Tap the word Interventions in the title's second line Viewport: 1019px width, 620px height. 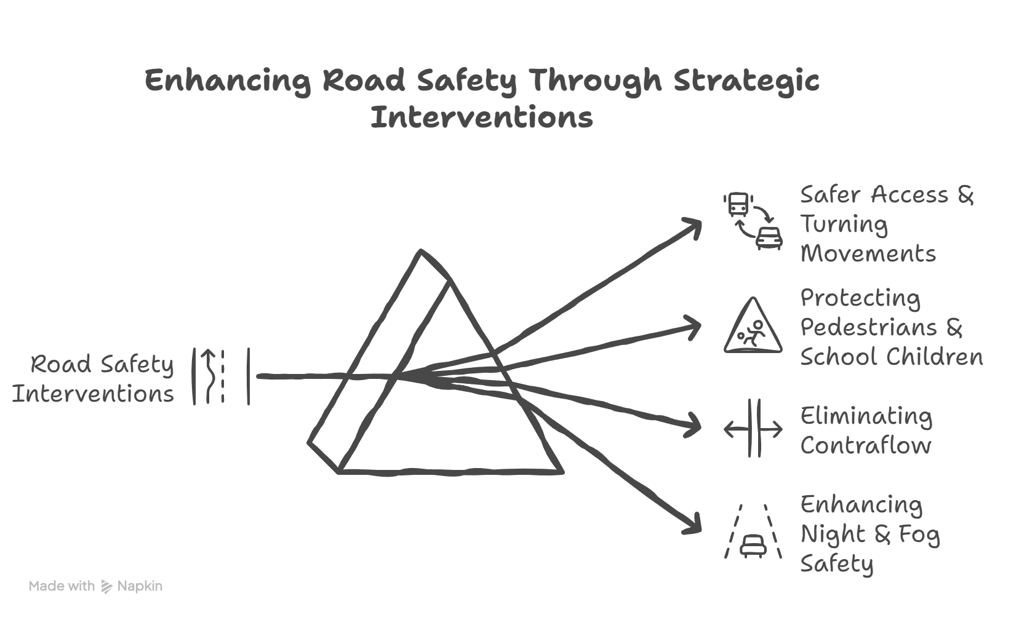(x=482, y=117)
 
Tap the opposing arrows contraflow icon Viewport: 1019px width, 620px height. (x=753, y=429)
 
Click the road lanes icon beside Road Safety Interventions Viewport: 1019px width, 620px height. (x=221, y=376)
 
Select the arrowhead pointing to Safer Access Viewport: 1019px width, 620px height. (x=695, y=225)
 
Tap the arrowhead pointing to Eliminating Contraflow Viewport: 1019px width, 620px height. (x=695, y=426)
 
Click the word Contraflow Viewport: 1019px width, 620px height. (x=866, y=445)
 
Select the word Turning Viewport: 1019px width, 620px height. (x=844, y=225)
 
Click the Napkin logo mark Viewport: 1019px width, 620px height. (x=106, y=586)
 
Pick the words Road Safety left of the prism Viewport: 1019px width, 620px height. (x=103, y=365)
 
